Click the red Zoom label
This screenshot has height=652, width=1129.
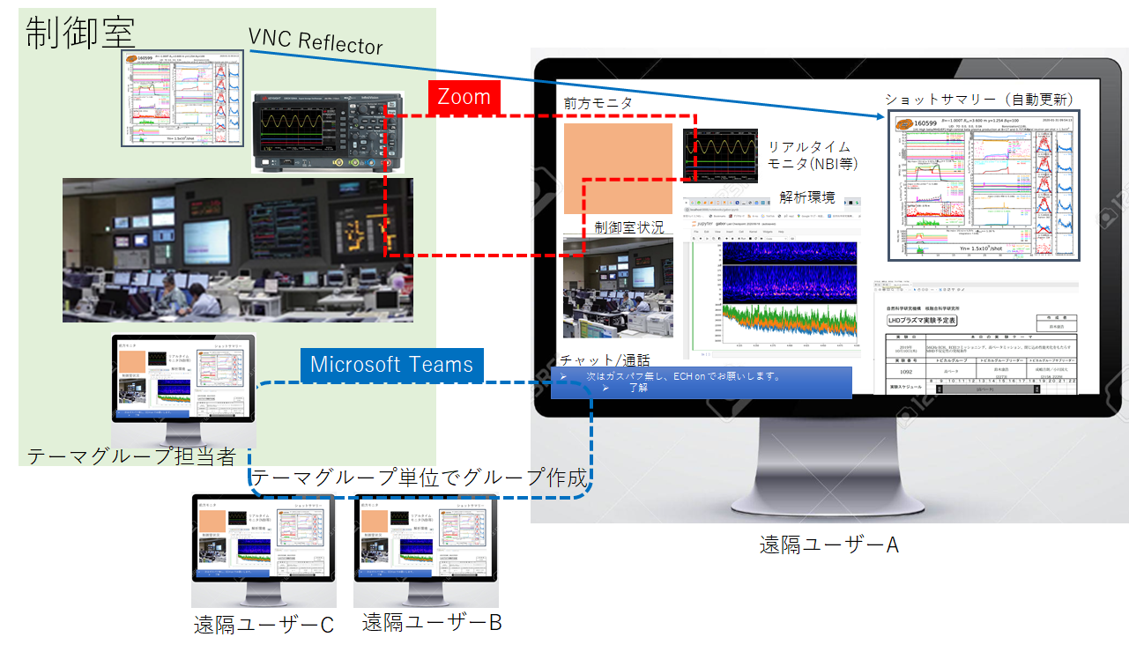coord(464,97)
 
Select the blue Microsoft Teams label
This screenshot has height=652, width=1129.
coord(391,365)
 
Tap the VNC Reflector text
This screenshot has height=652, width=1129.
coord(316,41)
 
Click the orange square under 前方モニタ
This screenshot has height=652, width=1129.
coord(619,169)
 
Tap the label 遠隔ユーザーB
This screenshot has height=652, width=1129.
coord(432,622)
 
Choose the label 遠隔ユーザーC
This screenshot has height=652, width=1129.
coord(264,625)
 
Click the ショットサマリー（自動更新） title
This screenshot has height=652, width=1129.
coord(979,99)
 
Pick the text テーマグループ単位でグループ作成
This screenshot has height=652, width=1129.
coord(420,478)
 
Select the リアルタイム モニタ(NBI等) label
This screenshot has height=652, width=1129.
coord(811,155)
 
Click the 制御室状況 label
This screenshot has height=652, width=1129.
coord(629,226)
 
